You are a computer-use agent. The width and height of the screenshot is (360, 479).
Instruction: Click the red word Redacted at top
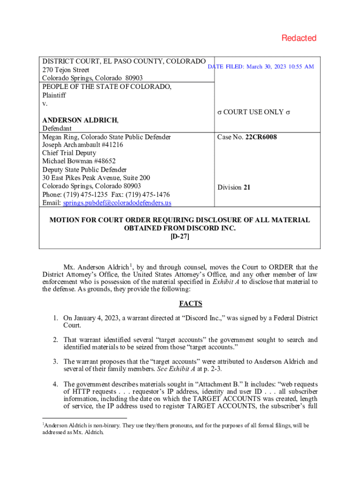click(299, 38)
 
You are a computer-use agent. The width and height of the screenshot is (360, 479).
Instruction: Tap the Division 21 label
click(234, 188)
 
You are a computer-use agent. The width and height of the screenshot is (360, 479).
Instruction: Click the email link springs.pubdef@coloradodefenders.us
click(117, 203)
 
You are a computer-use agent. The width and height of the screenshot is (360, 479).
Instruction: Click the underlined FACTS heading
click(190, 304)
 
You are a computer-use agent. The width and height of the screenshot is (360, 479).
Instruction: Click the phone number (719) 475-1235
click(88, 195)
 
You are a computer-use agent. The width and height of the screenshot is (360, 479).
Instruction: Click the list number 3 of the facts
click(55, 362)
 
